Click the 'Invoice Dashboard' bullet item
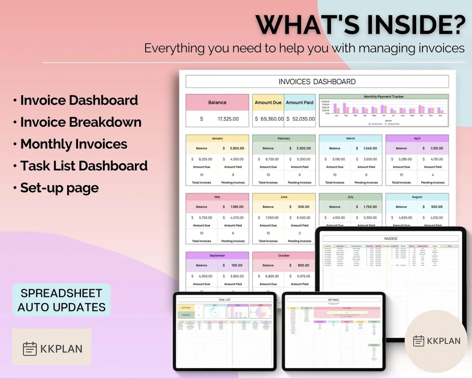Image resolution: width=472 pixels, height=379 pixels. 79,100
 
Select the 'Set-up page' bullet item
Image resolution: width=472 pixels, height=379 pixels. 59,188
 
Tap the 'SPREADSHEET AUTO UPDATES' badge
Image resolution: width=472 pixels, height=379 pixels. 62,300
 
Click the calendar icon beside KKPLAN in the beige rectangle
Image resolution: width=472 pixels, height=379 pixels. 30,348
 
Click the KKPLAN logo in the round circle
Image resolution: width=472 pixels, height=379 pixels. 436,341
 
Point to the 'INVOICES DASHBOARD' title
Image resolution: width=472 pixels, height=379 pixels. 317,82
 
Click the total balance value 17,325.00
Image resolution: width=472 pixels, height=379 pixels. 228,119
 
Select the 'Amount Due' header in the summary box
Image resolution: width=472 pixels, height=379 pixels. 268,103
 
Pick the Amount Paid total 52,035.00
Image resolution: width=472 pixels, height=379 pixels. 303,119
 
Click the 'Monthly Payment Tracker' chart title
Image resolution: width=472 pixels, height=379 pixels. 383,97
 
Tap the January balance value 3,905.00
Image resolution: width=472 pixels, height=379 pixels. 237,148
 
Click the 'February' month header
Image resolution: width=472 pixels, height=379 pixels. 284,138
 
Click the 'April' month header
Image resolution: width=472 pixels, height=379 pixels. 417,138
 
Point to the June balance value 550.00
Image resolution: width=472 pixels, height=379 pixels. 303,207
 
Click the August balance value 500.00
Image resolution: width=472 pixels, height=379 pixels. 436,207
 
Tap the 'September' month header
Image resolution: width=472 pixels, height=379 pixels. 217,255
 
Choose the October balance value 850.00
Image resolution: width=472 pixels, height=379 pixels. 303,265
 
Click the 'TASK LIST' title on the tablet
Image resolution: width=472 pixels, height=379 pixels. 224,300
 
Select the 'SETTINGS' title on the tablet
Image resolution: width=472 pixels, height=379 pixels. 333,300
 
